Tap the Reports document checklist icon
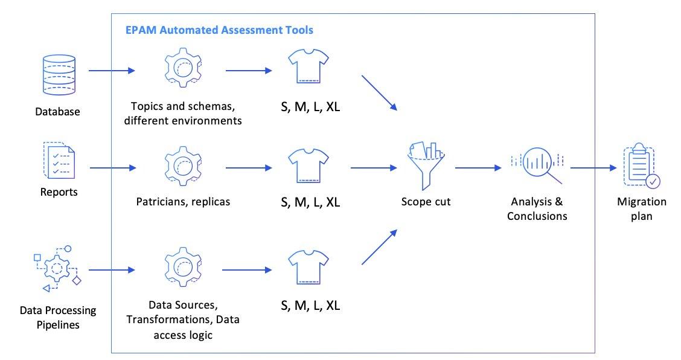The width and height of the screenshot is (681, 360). pyautogui.click(x=58, y=160)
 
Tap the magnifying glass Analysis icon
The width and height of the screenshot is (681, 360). pyautogui.click(x=537, y=164)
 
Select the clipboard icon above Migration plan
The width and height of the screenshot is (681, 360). pyautogui.click(x=642, y=167)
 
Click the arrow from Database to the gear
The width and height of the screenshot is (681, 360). pyautogui.click(x=112, y=71)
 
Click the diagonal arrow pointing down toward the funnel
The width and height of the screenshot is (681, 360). pyautogui.click(x=379, y=93)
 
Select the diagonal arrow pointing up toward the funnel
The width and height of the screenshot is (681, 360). pyautogui.click(x=379, y=247)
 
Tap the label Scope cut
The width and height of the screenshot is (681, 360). pyautogui.click(x=425, y=202)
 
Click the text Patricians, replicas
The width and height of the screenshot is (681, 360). pyautogui.click(x=182, y=202)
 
